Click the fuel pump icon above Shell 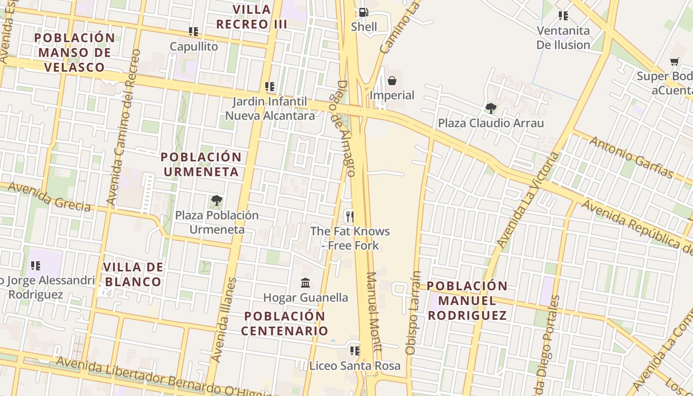point(363,12)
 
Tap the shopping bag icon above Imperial point(392,81)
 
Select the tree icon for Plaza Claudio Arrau point(491,108)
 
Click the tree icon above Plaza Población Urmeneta point(216,200)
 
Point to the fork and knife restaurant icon point(350,216)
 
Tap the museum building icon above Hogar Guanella point(305,283)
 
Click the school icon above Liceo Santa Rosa point(354,351)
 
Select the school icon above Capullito point(194,32)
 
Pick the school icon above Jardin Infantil point(270,87)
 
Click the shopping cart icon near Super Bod point(674,62)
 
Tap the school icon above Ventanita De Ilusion point(563,16)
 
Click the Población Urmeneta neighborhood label point(201,164)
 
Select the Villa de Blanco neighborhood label point(133,275)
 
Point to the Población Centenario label point(285,323)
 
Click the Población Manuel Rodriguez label point(467,300)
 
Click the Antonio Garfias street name point(632,157)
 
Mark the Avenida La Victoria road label point(527,200)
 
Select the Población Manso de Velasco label point(75,52)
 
